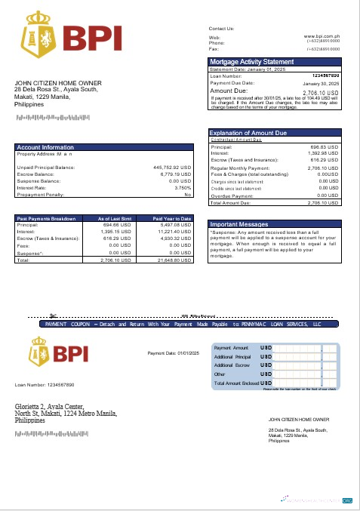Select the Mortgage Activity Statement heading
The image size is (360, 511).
[x=251, y=61]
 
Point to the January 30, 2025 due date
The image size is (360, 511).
[x=320, y=83]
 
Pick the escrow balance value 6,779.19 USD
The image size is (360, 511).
[x=174, y=174]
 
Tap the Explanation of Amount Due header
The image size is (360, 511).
[x=248, y=133]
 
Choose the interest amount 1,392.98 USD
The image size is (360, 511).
[x=322, y=153]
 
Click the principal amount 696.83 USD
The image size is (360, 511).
[x=325, y=146]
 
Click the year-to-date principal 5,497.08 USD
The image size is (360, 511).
[x=174, y=225]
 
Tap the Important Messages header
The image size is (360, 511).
[x=239, y=224]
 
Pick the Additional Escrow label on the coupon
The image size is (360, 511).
[x=232, y=365]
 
